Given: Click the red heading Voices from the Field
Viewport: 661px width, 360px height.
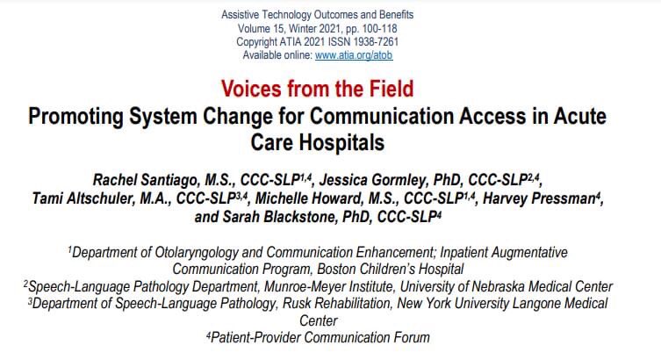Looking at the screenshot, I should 317,89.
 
